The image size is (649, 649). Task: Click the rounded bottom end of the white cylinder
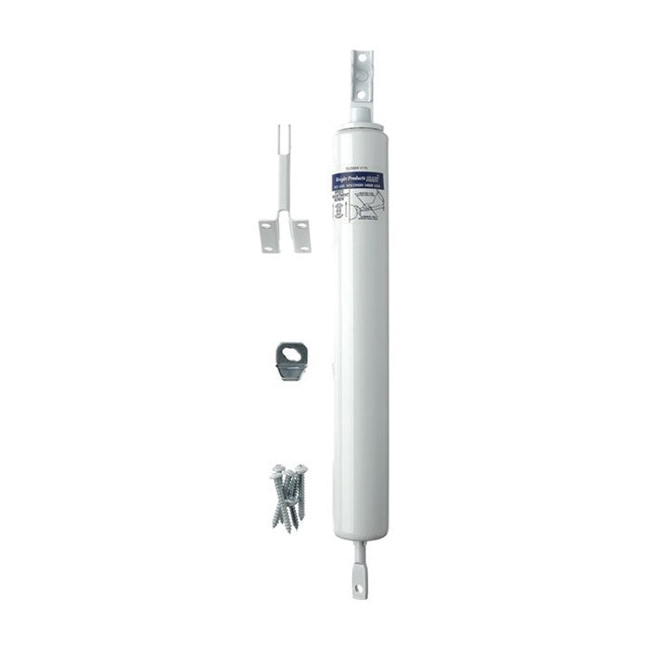[x=361, y=532]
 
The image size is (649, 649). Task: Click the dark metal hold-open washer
[x=291, y=361]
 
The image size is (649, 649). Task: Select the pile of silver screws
[x=288, y=497]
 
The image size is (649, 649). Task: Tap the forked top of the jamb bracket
[x=284, y=139]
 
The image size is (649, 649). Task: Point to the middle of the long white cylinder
[x=361, y=352]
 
